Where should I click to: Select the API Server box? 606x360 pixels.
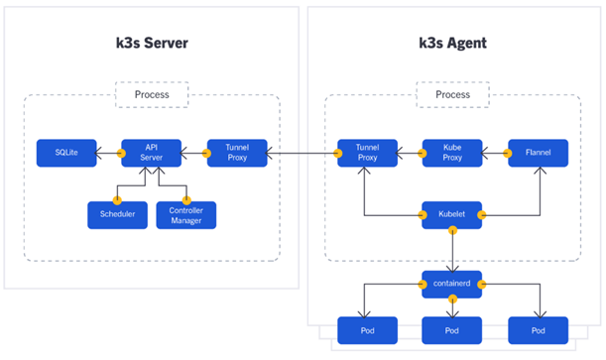pos(147,153)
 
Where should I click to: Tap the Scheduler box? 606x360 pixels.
pos(117,214)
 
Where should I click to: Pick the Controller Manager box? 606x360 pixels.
pos(185,214)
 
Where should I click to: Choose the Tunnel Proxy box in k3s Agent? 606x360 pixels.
pos(366,153)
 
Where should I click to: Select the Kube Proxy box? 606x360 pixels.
pos(452,153)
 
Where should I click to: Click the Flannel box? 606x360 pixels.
pos(538,153)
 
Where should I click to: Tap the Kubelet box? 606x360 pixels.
pos(452,214)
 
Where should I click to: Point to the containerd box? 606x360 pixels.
pos(452,284)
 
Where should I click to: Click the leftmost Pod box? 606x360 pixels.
pos(366,329)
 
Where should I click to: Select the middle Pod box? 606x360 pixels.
pos(452,329)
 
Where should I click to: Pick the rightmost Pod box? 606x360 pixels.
pos(538,329)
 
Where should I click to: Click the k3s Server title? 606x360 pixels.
pos(151,45)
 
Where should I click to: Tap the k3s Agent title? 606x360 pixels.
pos(452,45)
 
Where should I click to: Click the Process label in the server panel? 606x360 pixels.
pos(151,94)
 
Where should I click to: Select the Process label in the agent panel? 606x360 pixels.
pos(452,94)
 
